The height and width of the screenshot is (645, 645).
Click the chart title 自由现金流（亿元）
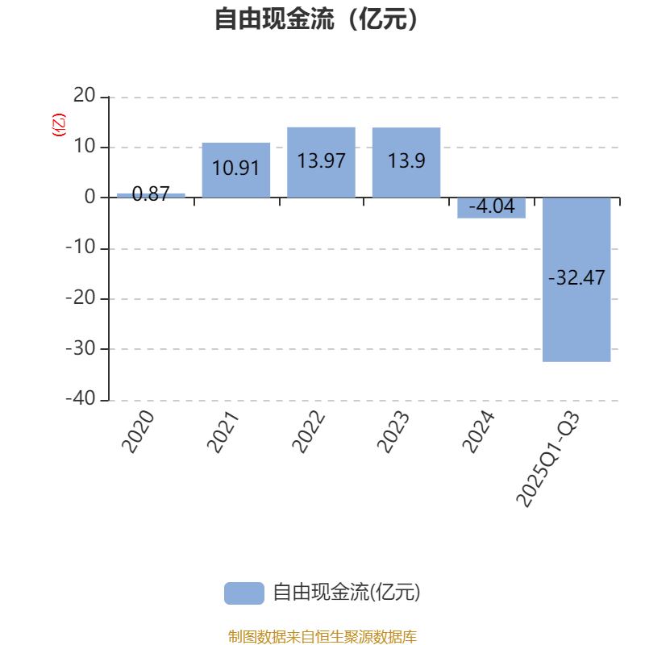point(317,19)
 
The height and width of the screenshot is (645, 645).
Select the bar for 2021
point(235,170)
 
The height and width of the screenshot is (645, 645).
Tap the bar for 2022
point(321,162)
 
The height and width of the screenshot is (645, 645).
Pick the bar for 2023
point(406,162)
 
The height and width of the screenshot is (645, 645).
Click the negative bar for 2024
point(491,208)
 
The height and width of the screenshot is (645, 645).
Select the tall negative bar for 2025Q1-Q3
point(576,280)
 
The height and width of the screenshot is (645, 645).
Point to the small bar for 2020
point(151,195)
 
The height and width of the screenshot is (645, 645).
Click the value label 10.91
point(235,169)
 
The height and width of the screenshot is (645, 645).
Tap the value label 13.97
point(321,160)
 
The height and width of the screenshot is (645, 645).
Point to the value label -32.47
point(576,278)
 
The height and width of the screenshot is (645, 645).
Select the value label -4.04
point(491,207)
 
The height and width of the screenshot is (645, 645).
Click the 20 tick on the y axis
point(84,97)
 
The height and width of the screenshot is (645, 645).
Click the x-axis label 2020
point(138,431)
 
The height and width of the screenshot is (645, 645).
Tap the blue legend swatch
point(243,593)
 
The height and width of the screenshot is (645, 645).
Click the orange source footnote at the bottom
point(322,637)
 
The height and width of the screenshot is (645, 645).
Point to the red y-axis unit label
point(58,126)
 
